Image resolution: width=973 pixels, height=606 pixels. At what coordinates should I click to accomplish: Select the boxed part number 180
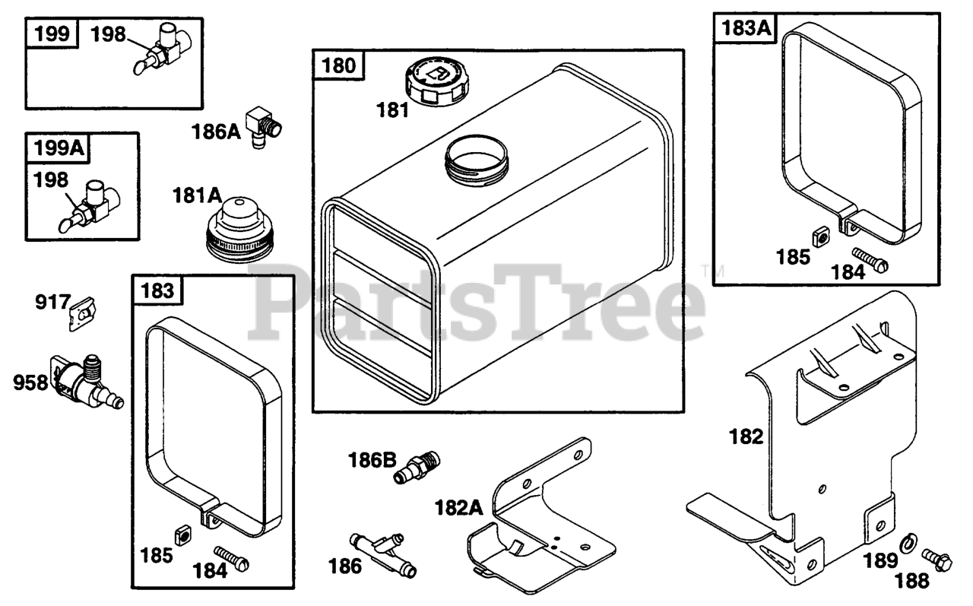[x=338, y=66]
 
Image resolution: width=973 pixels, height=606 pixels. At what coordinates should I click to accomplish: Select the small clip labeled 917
[x=81, y=313]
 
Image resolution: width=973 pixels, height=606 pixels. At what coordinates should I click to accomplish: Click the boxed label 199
[x=54, y=33]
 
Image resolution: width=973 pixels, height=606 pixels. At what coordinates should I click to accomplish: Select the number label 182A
[x=459, y=507]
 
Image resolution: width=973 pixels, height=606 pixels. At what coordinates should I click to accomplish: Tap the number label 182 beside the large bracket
[x=745, y=436]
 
